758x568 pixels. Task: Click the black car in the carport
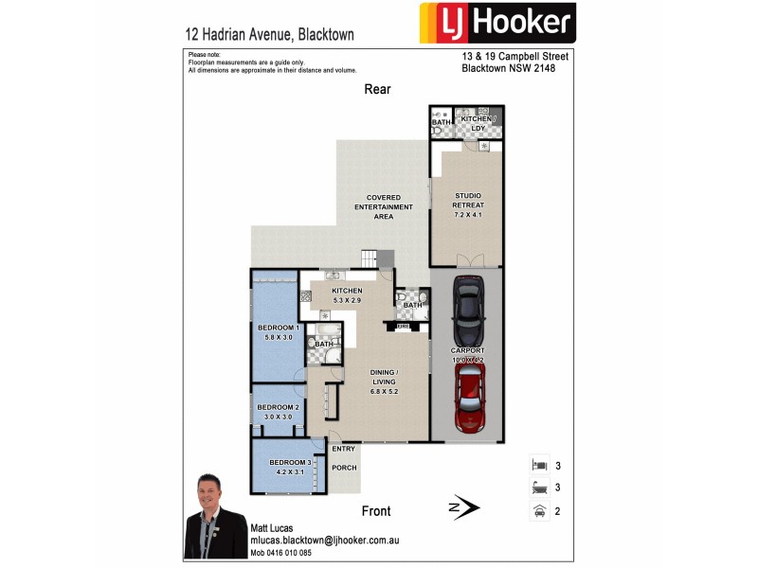coord(467,311)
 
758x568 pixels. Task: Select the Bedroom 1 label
coord(279,332)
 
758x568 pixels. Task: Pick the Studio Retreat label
coord(469,205)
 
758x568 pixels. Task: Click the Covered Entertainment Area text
coord(383,207)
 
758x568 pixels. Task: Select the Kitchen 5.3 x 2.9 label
coord(347,295)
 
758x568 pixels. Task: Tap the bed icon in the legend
coord(539,466)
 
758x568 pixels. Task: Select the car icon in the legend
coord(539,511)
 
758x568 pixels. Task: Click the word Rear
coord(377,89)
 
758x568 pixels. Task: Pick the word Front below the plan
coord(376,511)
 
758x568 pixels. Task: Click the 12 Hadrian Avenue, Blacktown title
coord(270,34)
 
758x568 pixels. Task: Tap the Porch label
coord(344,467)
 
